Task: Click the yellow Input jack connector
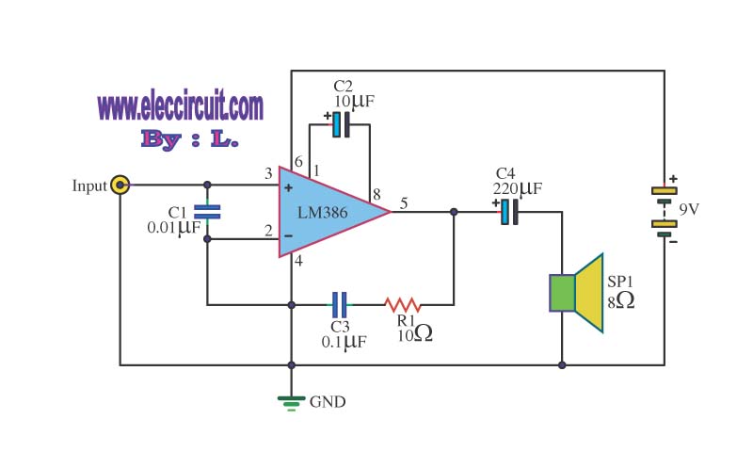click(x=120, y=185)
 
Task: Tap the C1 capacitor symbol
click(x=207, y=212)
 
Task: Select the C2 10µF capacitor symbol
click(x=341, y=124)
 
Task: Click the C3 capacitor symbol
click(x=339, y=305)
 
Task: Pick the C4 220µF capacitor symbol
click(x=509, y=212)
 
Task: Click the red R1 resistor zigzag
click(x=403, y=305)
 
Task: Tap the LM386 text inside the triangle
click(x=322, y=213)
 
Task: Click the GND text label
click(x=328, y=402)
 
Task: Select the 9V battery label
click(x=689, y=209)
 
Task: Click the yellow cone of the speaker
click(x=589, y=293)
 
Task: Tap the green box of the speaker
click(x=562, y=293)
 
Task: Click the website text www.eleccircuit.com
click(x=180, y=105)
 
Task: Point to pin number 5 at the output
click(x=404, y=203)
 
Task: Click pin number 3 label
click(x=268, y=173)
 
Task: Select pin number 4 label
click(x=298, y=261)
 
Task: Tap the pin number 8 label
click(x=376, y=194)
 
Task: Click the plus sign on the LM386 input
click(x=288, y=188)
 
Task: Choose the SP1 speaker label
click(x=620, y=282)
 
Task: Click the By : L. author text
click(x=190, y=138)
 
